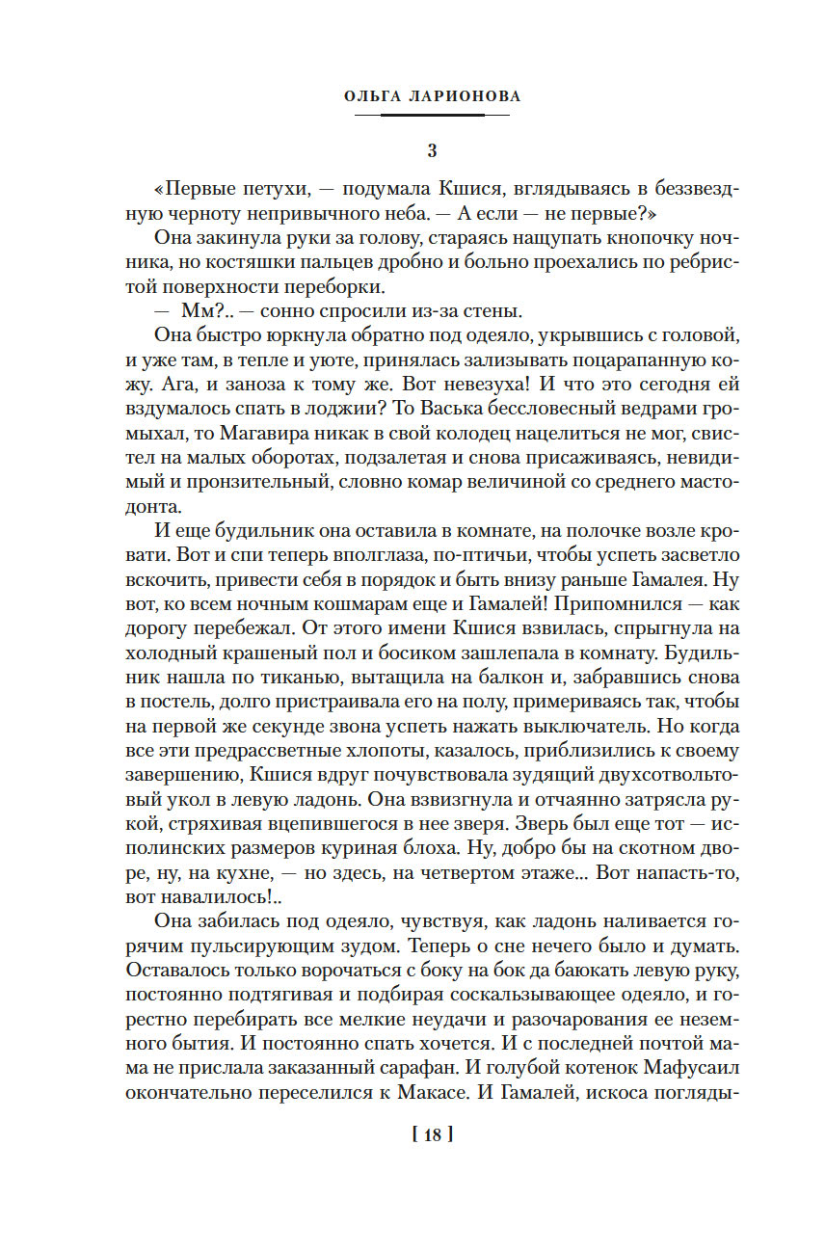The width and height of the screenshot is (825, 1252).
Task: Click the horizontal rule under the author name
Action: tap(432, 116)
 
